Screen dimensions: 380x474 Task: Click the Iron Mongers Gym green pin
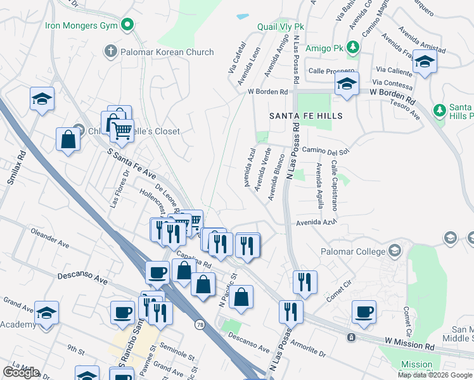128,25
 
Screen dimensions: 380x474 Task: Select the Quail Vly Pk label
281,27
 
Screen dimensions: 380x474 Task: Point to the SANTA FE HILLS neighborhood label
306,116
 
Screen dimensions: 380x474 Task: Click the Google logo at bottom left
21,372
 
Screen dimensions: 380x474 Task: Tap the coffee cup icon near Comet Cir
364,312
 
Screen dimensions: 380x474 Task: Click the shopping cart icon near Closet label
122,131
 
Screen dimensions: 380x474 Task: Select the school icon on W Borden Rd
347,84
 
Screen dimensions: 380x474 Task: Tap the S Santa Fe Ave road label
131,163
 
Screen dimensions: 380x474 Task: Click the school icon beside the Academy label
46,313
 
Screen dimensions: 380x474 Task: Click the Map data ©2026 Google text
434,375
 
